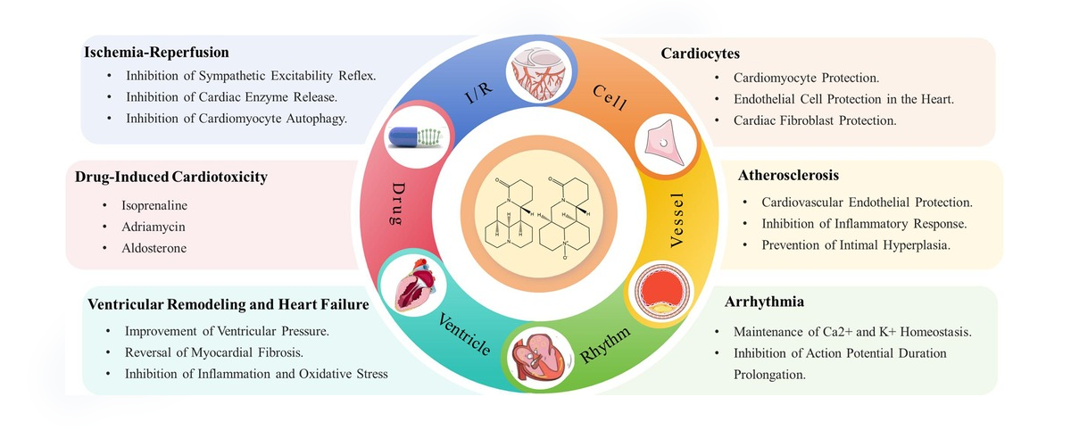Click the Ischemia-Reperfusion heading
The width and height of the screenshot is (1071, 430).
156,52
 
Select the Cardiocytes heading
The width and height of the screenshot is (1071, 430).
700,54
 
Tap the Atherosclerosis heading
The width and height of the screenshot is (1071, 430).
788,176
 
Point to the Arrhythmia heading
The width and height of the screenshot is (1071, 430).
764,302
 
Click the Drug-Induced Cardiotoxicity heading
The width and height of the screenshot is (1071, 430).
171,177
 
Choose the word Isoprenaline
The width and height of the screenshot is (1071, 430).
154,205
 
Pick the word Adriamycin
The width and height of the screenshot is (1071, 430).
153,227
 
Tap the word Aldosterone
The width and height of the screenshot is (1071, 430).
154,248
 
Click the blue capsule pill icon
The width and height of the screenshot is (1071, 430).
415,137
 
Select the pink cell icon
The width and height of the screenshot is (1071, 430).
665,143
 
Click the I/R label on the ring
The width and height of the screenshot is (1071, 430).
478,93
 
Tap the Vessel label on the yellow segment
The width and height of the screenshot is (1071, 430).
677,219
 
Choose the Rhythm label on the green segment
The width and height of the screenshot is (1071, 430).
605,345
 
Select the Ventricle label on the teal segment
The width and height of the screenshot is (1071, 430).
464,335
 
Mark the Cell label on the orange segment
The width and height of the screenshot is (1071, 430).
610,97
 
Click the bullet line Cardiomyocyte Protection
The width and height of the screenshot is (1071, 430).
806,78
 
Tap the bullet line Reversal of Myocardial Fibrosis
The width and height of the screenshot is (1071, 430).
214,352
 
